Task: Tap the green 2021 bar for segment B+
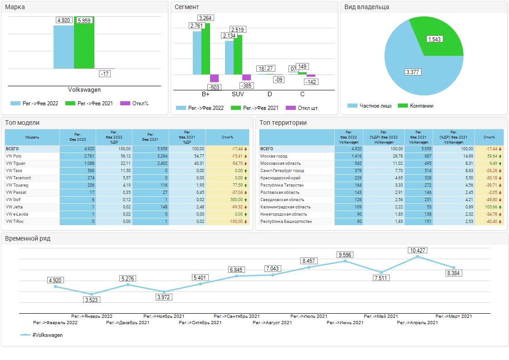point(206,49)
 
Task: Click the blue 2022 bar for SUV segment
point(229,57)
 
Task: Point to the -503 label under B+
point(214,87)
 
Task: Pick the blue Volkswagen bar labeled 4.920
point(64,47)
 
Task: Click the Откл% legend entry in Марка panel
point(135,104)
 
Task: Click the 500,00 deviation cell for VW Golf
point(225,200)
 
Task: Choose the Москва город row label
point(274,156)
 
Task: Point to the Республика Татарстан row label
point(282,185)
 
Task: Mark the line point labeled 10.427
point(417,257)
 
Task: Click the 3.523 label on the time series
point(91,300)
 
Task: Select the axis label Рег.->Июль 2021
point(308,316)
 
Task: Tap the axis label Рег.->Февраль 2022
point(55,323)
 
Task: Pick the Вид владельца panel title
point(367,7)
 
